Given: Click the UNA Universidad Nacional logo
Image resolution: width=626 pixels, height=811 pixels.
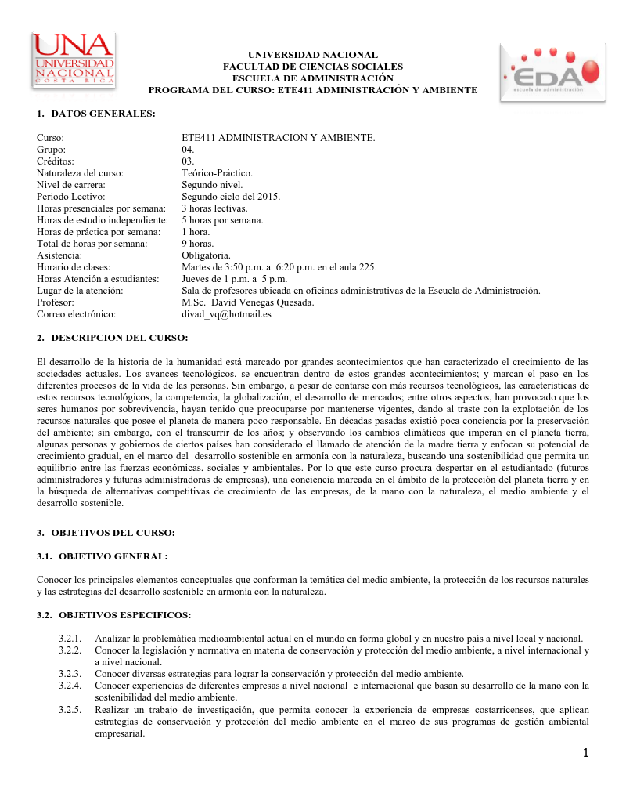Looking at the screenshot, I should tap(74, 60).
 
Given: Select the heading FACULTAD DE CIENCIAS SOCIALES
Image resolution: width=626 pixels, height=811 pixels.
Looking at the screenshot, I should tap(313, 67).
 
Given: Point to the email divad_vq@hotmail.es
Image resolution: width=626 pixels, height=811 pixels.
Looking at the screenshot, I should tap(226, 313).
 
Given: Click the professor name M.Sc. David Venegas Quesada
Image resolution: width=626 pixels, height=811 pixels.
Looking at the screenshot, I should tap(247, 302).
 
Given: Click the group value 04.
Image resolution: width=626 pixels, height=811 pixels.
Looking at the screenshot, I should tap(188, 149).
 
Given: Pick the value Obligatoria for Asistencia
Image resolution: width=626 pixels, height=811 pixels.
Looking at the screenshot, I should tap(206, 255).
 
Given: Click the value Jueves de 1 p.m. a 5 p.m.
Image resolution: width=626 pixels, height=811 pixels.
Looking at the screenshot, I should tap(234, 278).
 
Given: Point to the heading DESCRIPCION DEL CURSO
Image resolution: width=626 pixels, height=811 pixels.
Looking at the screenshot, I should tap(120, 338).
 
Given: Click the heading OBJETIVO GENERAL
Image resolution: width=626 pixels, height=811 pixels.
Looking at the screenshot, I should tap(113, 556).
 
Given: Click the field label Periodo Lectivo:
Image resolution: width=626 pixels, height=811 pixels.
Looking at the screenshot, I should tap(71, 196).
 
